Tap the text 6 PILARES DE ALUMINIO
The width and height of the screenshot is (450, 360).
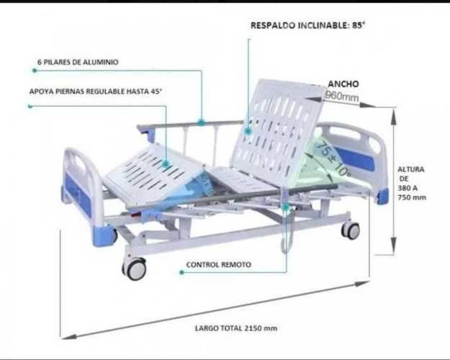78,62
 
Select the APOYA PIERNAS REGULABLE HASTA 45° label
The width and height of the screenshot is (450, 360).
96,91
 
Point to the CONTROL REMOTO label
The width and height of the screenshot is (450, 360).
219,265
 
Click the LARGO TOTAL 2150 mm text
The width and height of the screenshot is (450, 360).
236,328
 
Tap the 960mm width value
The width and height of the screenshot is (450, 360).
341,96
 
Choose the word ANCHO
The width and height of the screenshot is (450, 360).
343,84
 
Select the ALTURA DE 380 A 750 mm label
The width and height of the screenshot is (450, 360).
411,183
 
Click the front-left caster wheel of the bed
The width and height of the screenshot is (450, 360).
135,269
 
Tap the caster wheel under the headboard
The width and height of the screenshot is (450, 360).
351,230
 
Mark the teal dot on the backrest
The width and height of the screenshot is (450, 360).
248,131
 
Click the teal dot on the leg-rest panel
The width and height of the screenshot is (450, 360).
166,164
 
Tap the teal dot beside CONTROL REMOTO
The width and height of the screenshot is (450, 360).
181,272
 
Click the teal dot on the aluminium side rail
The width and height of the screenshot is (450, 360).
201,123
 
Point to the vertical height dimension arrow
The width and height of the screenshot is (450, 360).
394,180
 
